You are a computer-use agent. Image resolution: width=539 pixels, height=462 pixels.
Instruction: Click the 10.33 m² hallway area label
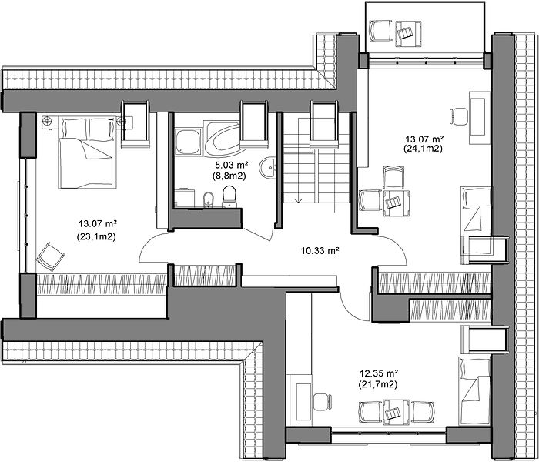(x=320, y=251)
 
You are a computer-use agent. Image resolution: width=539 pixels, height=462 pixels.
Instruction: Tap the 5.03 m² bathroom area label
(x=229, y=165)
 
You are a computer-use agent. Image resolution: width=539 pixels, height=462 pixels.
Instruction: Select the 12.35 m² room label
(x=379, y=373)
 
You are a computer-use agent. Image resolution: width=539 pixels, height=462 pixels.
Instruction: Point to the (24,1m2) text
(x=423, y=149)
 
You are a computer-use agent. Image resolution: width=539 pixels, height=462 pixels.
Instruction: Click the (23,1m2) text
(x=96, y=236)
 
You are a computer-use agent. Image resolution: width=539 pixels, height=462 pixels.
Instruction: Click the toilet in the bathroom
(x=229, y=196)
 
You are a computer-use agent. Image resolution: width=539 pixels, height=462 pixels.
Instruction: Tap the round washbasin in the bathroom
(x=267, y=168)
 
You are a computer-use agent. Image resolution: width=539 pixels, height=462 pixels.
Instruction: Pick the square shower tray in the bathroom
(x=188, y=141)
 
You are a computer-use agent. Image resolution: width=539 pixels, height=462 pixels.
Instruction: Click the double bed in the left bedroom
(x=86, y=152)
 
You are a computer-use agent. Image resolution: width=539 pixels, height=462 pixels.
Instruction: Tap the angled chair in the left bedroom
(x=51, y=256)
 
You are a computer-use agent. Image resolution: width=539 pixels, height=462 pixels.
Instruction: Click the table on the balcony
(x=408, y=34)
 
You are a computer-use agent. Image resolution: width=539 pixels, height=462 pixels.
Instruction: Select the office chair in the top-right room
(x=459, y=116)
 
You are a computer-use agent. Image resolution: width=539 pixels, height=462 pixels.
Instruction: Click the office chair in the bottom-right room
(x=323, y=402)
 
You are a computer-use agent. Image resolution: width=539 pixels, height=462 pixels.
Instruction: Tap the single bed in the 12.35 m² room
(x=475, y=391)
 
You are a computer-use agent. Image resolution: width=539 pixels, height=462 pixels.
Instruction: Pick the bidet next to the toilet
(x=209, y=199)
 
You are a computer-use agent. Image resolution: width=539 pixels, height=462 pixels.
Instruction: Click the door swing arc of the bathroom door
(x=259, y=236)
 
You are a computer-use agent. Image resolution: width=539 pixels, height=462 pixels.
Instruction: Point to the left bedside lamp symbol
(x=47, y=121)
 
